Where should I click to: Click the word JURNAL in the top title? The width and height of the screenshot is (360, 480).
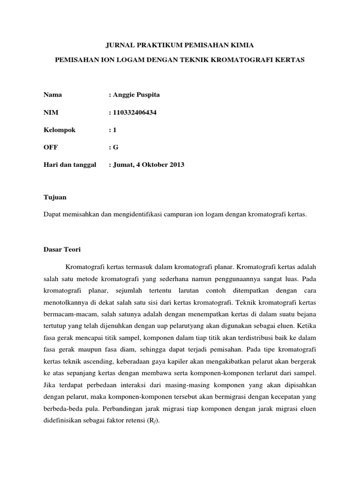pyautogui.click(x=119, y=45)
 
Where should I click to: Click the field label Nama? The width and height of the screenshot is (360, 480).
pyautogui.click(x=52, y=95)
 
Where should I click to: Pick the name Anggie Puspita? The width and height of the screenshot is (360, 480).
pyautogui.click(x=136, y=95)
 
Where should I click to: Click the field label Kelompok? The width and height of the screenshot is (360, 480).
pyautogui.click(x=59, y=130)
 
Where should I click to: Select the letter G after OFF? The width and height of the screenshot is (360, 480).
pyautogui.click(x=115, y=147)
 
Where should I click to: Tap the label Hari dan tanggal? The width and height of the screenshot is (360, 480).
pyautogui.click(x=70, y=165)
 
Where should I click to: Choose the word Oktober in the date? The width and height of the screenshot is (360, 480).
pyautogui.click(x=152, y=165)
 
